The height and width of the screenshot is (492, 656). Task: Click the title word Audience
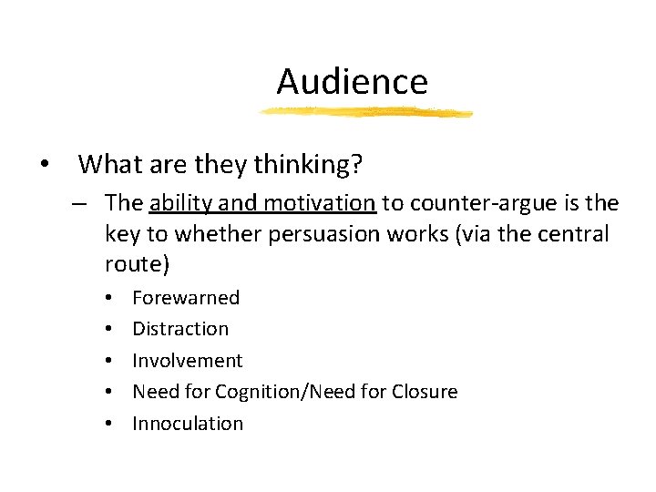point(352,81)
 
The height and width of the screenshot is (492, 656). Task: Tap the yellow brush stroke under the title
point(364,113)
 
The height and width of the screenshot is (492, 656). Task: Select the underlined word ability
point(180,202)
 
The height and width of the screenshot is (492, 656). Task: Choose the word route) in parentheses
point(137,265)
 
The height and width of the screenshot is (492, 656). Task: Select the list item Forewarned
point(186,297)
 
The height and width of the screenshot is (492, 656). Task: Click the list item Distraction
point(180,329)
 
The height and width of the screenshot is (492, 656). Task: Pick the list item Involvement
point(188,361)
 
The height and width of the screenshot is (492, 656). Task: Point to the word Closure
point(425,392)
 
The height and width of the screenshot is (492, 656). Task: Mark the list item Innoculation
point(188,424)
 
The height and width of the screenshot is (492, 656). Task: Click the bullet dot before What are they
point(44,165)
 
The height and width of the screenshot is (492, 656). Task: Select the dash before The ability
point(80,203)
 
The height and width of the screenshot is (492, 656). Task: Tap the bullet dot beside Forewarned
point(108,298)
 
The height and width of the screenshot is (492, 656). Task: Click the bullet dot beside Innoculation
point(108,424)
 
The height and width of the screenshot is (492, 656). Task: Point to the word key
point(121,234)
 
